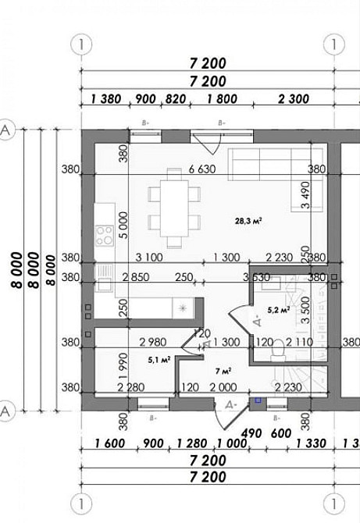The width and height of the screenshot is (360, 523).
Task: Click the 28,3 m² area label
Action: coord(248,221)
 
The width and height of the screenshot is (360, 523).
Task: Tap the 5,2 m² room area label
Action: coord(279,310)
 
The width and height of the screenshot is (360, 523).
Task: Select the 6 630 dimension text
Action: coord(201,169)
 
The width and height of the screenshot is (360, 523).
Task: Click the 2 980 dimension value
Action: coord(153,342)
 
